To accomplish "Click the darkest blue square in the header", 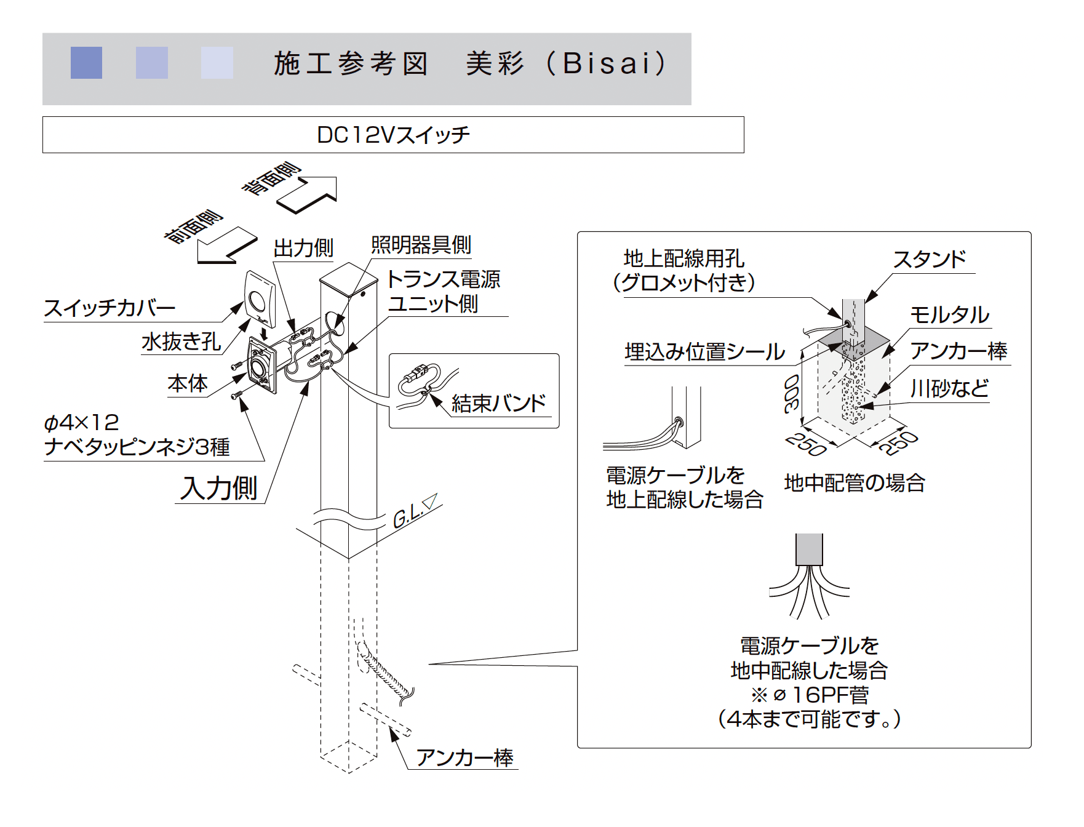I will coord(86,63).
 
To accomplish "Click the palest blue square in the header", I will coord(217,63).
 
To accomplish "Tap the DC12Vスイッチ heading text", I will coord(393,135).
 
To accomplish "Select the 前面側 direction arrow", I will coord(226,246).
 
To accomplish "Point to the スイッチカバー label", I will coord(110,308).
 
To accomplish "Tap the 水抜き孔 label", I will coord(181,342).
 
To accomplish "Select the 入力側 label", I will coord(219,488).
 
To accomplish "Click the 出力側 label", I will coord(303,249).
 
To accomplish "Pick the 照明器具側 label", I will coord(421,245).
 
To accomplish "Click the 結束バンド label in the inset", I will coord(498,403).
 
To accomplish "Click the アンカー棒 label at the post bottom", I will coord(464,757).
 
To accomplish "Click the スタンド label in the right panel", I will coord(930,260).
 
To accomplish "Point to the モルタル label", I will coord(949,315).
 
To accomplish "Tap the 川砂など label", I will coord(949,388).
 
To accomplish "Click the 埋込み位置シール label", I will coord(705,352).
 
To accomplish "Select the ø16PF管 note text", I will coord(810,695).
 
